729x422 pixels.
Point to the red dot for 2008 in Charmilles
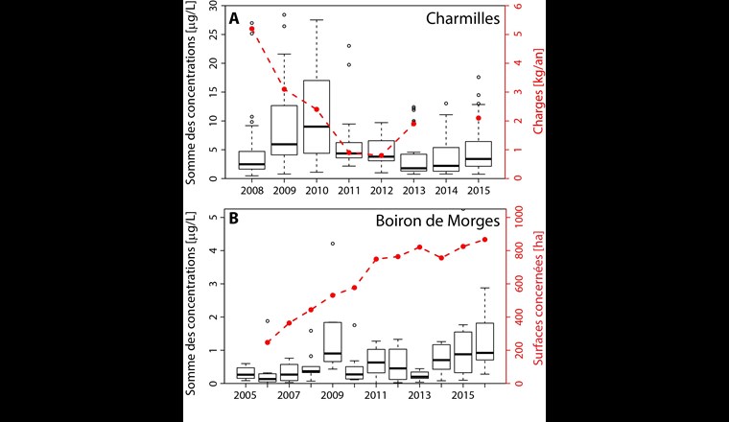251,30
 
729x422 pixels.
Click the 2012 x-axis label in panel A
382,192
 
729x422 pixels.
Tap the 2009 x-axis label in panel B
332,395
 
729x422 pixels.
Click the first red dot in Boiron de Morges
268,342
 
